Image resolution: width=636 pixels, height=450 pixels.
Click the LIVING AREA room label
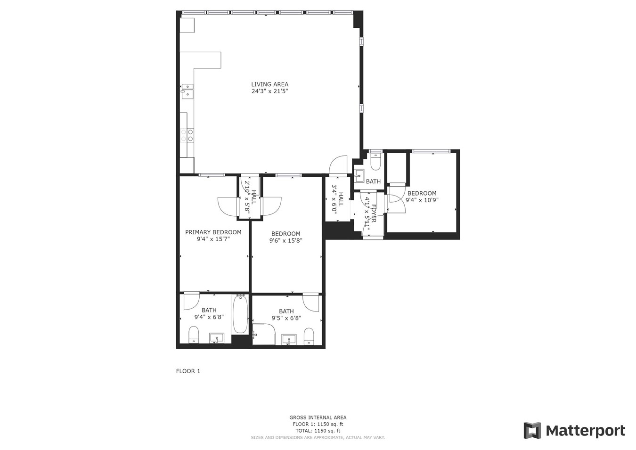(x=270, y=84)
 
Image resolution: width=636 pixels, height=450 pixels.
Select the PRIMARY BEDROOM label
(x=213, y=232)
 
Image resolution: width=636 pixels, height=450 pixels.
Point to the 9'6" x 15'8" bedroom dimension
(x=285, y=241)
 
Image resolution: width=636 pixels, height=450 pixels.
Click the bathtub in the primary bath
(x=240, y=314)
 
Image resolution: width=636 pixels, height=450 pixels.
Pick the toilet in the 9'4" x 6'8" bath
(x=194, y=335)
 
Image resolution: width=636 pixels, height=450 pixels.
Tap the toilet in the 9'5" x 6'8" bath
(x=309, y=336)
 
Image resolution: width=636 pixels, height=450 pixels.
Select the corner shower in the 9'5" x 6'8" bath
(x=264, y=334)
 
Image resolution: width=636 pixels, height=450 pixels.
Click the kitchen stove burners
(x=187, y=135)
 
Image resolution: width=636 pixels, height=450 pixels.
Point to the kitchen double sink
(x=187, y=91)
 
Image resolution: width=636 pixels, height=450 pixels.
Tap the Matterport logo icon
(x=532, y=431)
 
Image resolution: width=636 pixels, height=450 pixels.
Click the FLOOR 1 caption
(x=188, y=371)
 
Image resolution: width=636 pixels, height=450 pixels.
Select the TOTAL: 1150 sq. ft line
(x=318, y=431)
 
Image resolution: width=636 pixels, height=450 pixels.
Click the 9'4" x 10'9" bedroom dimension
(x=422, y=200)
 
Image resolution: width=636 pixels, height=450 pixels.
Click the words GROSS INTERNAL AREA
(x=318, y=417)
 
